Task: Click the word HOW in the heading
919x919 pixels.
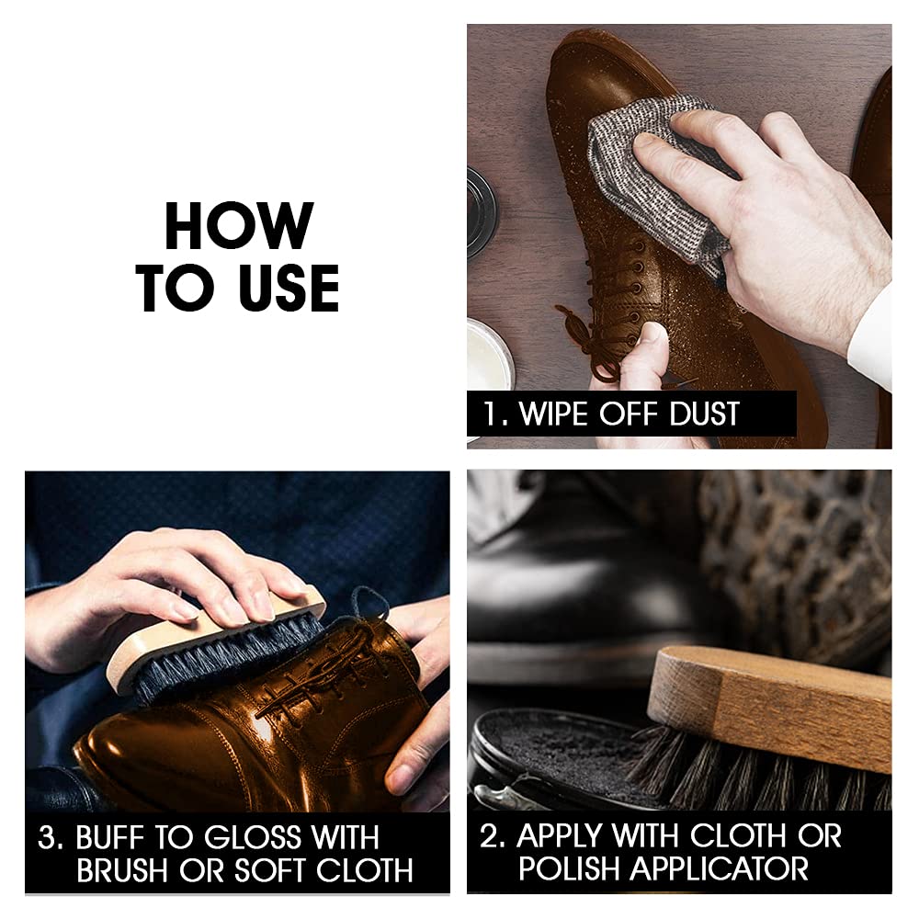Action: [x=239, y=226]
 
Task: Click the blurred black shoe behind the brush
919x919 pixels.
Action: [x=580, y=592]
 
